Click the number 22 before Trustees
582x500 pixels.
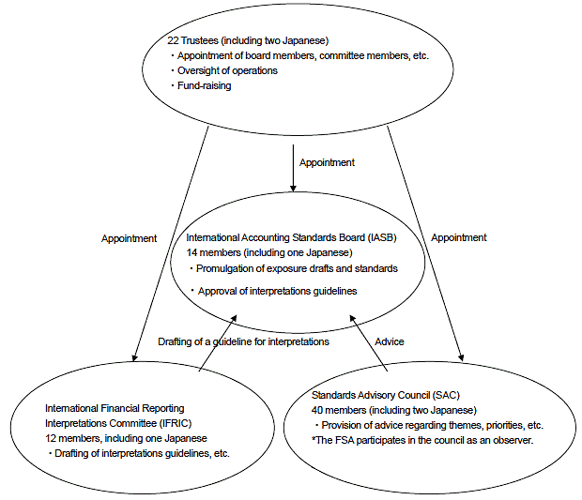173,40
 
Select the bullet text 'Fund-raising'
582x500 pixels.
204,85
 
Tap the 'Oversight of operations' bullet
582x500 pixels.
227,70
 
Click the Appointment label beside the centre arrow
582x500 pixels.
327,162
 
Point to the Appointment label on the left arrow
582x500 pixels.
130,238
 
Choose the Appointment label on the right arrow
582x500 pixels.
459,237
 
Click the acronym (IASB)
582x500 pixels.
382,237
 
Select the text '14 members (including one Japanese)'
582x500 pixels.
269,252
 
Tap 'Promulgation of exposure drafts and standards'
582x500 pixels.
297,268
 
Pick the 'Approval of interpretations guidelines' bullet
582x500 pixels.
277,291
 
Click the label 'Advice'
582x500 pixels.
390,341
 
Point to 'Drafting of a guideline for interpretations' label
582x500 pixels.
243,341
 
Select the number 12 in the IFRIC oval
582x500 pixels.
51,438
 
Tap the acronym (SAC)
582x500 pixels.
446,395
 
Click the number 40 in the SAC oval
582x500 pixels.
317,410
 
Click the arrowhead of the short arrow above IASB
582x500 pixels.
293,188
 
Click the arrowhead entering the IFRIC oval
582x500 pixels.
135,356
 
